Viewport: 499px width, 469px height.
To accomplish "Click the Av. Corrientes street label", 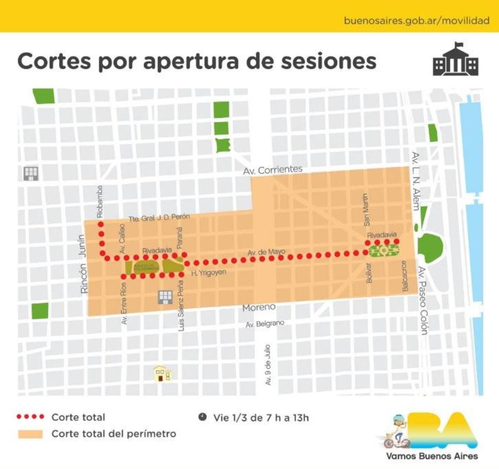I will coord(273,170).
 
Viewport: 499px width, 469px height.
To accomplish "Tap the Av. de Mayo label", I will coord(266,252).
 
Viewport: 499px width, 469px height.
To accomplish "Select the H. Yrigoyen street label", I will coord(209,273).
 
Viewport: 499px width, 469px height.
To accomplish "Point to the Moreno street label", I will coord(259,307).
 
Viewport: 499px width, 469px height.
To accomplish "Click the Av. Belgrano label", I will coord(265,323).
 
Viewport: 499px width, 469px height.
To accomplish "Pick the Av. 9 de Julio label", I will coord(268,364).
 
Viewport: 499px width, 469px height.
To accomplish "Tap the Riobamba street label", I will coord(100,202).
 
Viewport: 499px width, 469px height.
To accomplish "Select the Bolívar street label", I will coord(368,273).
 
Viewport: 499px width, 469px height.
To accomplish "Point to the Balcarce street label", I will coord(405,276).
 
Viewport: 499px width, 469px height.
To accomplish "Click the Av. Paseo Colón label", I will coord(423,300).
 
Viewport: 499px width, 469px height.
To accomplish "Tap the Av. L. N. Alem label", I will coord(415,181).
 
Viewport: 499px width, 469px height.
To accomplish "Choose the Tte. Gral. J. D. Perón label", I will coord(159,217).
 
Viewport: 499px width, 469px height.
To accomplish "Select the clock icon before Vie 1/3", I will coord(203,417).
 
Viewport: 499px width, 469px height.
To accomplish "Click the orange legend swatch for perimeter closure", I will coord(30,434).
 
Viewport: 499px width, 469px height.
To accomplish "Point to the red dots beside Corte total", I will coord(30,417).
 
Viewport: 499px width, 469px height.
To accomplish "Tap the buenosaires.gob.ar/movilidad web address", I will coord(416,20).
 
